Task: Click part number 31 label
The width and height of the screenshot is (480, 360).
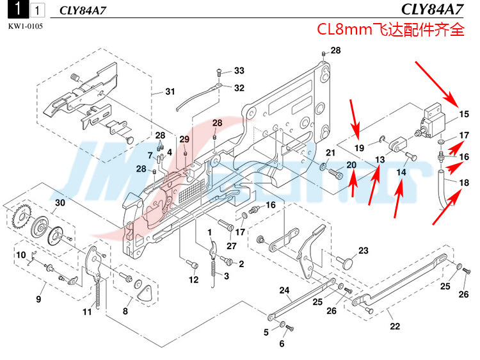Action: pos(170,92)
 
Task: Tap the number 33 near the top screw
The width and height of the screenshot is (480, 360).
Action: pos(239,70)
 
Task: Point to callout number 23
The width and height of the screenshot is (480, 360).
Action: pos(363,250)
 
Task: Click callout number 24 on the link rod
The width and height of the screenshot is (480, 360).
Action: pos(284,290)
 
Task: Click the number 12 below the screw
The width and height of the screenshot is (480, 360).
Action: pos(193,279)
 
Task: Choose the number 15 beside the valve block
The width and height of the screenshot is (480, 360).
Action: pos(464,115)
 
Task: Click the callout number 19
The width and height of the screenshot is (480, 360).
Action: pos(360,148)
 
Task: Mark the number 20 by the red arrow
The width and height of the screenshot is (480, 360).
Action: pos(351,165)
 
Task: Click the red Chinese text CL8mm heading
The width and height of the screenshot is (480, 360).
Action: pos(390,30)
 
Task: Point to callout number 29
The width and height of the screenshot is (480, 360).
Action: pos(184,140)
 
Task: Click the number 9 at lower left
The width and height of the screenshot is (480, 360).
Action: pos(38,299)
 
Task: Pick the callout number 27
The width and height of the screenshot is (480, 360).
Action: pos(231,245)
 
